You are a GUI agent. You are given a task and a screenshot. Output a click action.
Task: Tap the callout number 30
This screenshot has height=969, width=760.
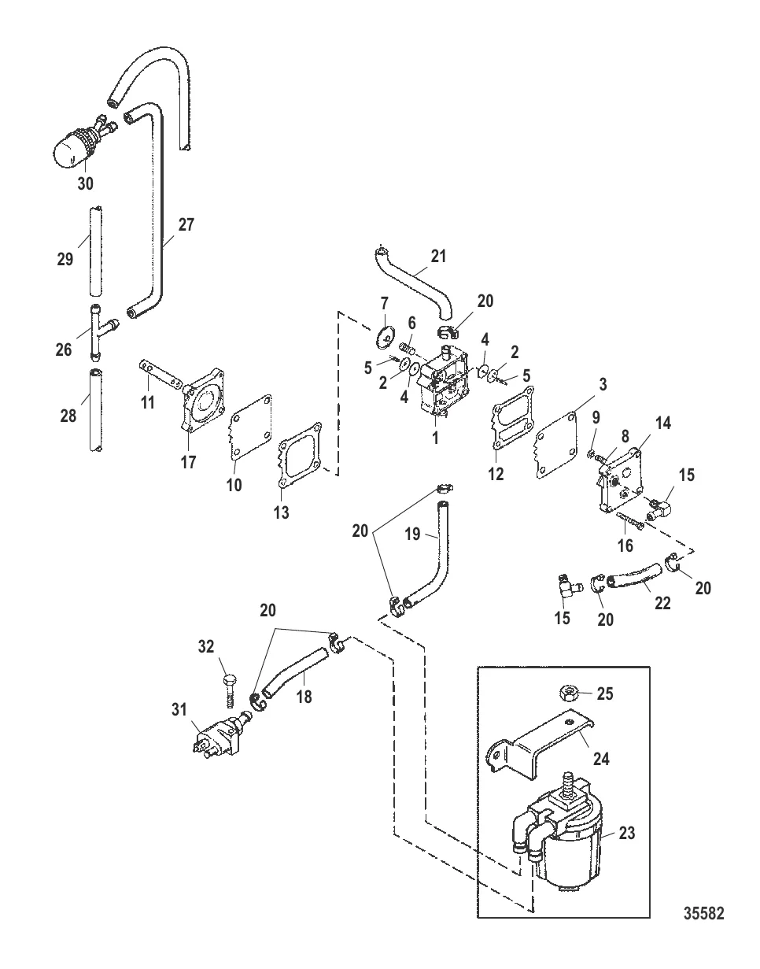(x=85, y=183)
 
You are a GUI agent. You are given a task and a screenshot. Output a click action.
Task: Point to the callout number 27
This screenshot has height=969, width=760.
(x=186, y=225)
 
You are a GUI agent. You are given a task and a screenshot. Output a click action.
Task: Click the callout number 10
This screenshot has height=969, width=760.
(x=234, y=485)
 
